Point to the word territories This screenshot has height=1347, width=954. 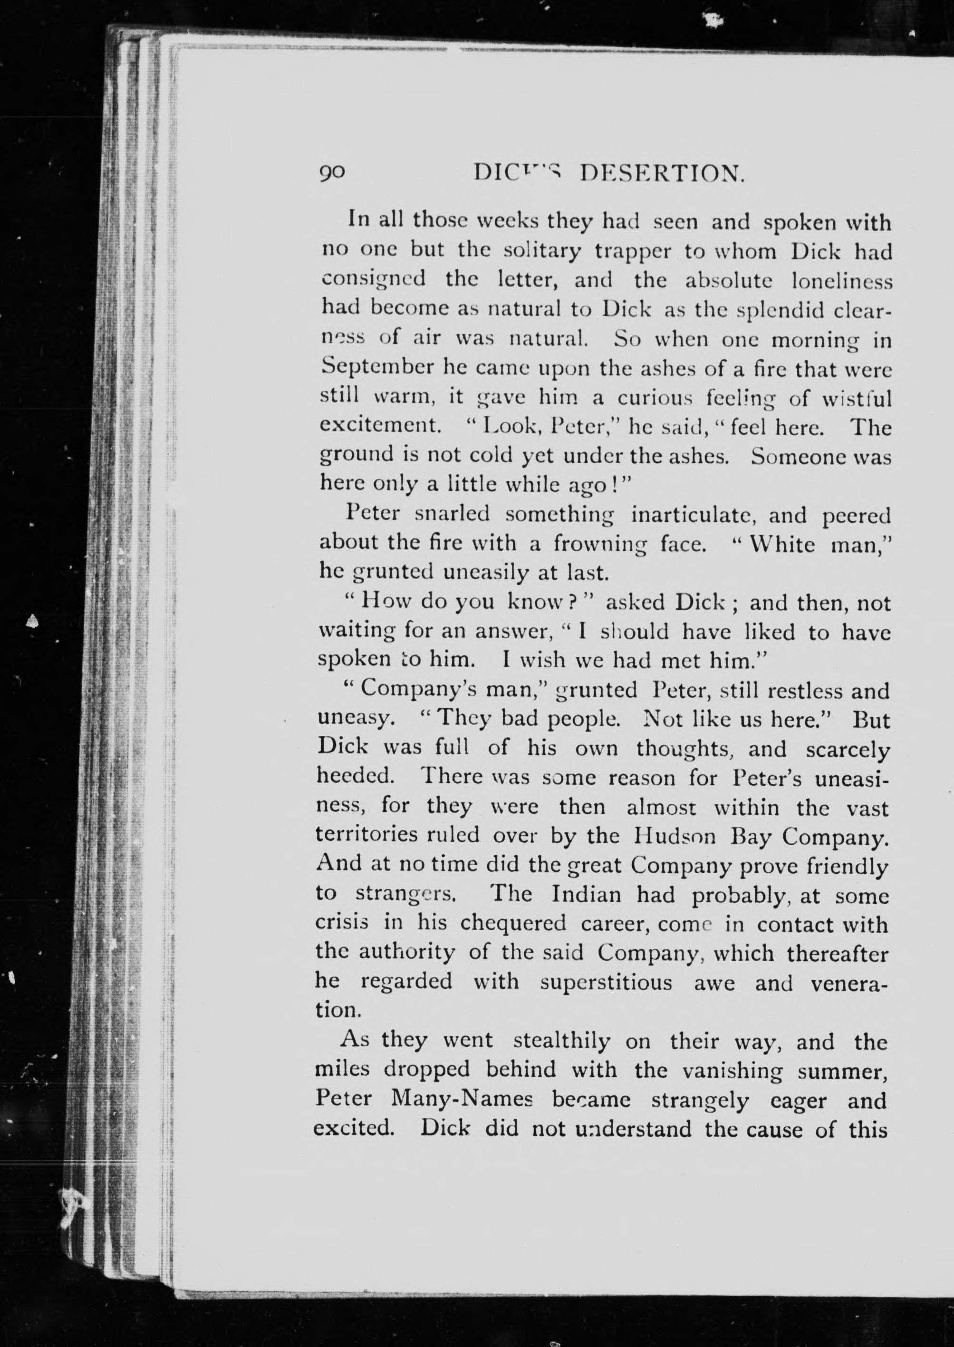click(x=368, y=835)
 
